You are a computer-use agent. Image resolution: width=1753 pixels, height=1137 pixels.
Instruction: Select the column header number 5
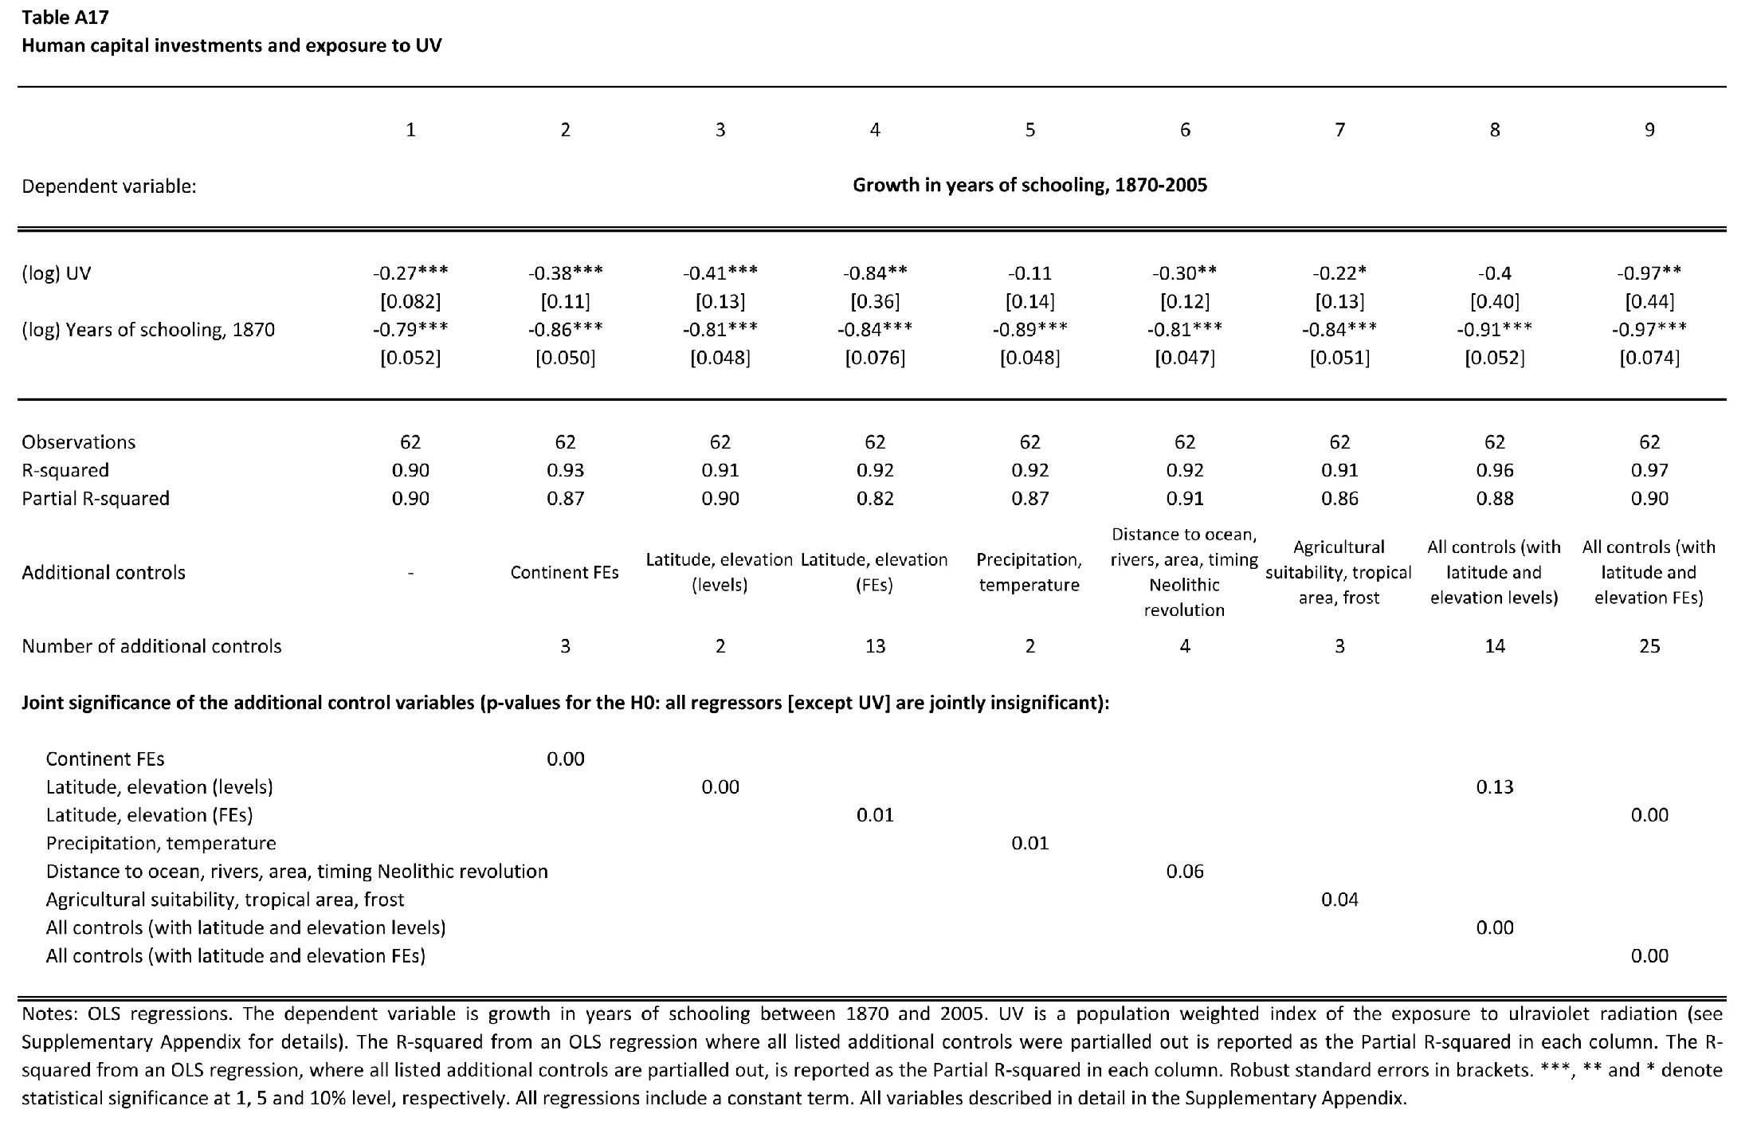[1029, 130]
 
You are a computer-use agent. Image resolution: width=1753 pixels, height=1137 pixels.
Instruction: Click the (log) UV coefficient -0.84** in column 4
[875, 273]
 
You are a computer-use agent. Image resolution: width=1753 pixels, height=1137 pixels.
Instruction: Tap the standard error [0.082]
[410, 302]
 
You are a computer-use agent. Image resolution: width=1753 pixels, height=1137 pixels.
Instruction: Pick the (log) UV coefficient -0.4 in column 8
[1494, 273]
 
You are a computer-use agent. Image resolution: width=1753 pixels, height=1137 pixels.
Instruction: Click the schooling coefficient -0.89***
[1029, 330]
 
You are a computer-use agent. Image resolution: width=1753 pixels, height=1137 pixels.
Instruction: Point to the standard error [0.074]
[1649, 358]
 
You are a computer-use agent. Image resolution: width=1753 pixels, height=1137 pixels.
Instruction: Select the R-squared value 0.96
[1494, 470]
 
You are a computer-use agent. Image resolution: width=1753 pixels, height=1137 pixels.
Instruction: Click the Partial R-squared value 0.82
[875, 499]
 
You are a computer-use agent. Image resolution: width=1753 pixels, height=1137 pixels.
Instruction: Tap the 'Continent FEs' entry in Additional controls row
[564, 573]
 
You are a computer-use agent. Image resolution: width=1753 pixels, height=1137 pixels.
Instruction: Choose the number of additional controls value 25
[1649, 646]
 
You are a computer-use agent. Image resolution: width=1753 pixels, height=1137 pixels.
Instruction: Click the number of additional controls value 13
[875, 646]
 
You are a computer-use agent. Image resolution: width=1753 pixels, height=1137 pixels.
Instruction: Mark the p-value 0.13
[1494, 787]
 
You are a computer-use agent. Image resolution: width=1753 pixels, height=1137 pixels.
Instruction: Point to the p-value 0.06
[1185, 872]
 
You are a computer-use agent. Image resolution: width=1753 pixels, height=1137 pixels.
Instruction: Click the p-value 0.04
[1339, 900]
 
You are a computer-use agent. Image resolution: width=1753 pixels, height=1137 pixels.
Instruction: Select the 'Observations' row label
[78, 442]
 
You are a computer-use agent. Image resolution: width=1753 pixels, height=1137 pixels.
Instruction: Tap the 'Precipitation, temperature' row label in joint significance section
[161, 844]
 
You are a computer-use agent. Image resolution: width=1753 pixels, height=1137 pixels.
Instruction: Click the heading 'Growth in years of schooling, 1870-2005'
[1029, 186]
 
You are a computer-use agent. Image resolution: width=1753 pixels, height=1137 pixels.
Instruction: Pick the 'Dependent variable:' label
[109, 186]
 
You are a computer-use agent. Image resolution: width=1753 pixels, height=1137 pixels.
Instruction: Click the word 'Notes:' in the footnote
[49, 1014]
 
